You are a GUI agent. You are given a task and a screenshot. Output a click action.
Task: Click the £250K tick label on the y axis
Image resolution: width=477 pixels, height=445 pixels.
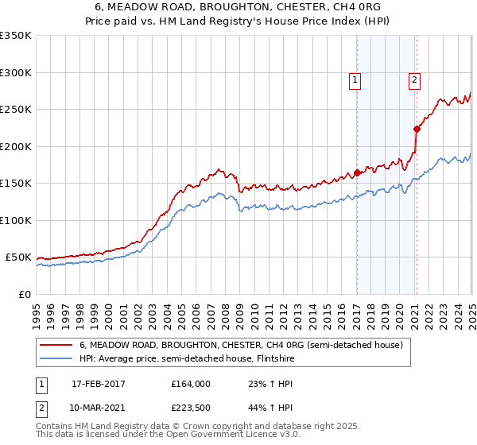pyautogui.click(x=15, y=110)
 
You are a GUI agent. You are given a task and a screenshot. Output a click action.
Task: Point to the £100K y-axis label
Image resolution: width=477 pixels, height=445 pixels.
pyautogui.click(x=15, y=220)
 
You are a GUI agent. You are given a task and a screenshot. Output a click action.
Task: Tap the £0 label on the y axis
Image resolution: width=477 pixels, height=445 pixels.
pyautogui.click(x=24, y=294)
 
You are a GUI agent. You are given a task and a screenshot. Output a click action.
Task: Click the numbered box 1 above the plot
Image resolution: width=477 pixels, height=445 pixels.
pyautogui.click(x=355, y=79)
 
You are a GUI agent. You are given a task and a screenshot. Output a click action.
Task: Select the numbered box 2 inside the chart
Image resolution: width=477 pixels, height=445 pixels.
pyautogui.click(x=415, y=79)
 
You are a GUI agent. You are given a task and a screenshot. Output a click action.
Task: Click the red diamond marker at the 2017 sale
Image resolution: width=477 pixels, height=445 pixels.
pyautogui.click(x=357, y=172)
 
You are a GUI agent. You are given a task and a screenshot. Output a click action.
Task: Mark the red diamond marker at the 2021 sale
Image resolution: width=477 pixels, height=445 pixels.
pyautogui.click(x=417, y=129)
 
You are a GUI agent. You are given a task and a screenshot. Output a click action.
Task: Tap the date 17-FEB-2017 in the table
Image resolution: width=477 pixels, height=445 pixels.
pyautogui.click(x=99, y=384)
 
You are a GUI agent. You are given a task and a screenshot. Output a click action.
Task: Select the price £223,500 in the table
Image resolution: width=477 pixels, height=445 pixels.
pyautogui.click(x=192, y=409)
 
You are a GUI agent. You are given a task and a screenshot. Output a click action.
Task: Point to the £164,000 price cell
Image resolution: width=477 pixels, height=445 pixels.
pyautogui.click(x=192, y=384)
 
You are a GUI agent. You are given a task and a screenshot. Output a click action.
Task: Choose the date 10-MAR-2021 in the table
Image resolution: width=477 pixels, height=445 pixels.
pyautogui.click(x=99, y=409)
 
